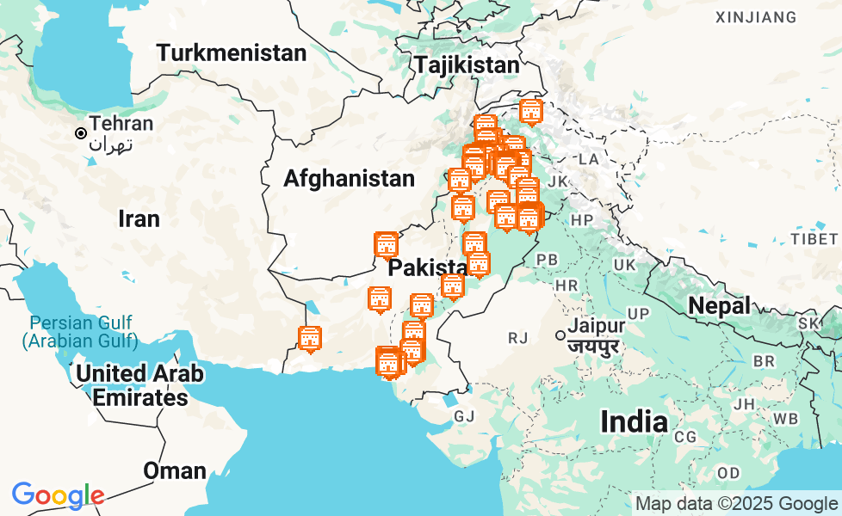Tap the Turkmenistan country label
[x=231, y=53]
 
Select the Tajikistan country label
[x=467, y=65]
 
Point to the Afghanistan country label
[x=349, y=179]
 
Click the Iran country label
[x=139, y=218]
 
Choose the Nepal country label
[x=719, y=305]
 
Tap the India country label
[x=634, y=421]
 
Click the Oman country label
[x=175, y=470]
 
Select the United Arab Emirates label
[x=139, y=385]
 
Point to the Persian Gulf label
[x=80, y=332]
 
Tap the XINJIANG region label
[x=755, y=17]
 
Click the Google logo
[x=58, y=495]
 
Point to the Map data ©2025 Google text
[x=736, y=504]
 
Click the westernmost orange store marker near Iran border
[x=310, y=339]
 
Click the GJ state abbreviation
[x=464, y=416]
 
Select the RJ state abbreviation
[x=517, y=338]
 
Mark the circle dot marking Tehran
[x=80, y=133]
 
